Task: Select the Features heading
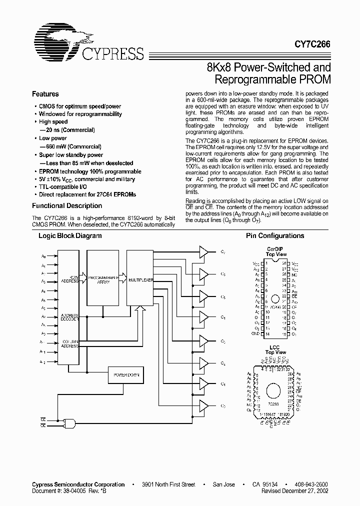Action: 45,94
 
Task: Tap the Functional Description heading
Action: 67,205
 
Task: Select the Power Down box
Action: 126,374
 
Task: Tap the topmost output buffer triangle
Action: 203,252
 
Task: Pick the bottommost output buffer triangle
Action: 203,406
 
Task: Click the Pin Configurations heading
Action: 275,236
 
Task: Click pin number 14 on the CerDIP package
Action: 267,333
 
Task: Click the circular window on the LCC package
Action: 272,390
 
